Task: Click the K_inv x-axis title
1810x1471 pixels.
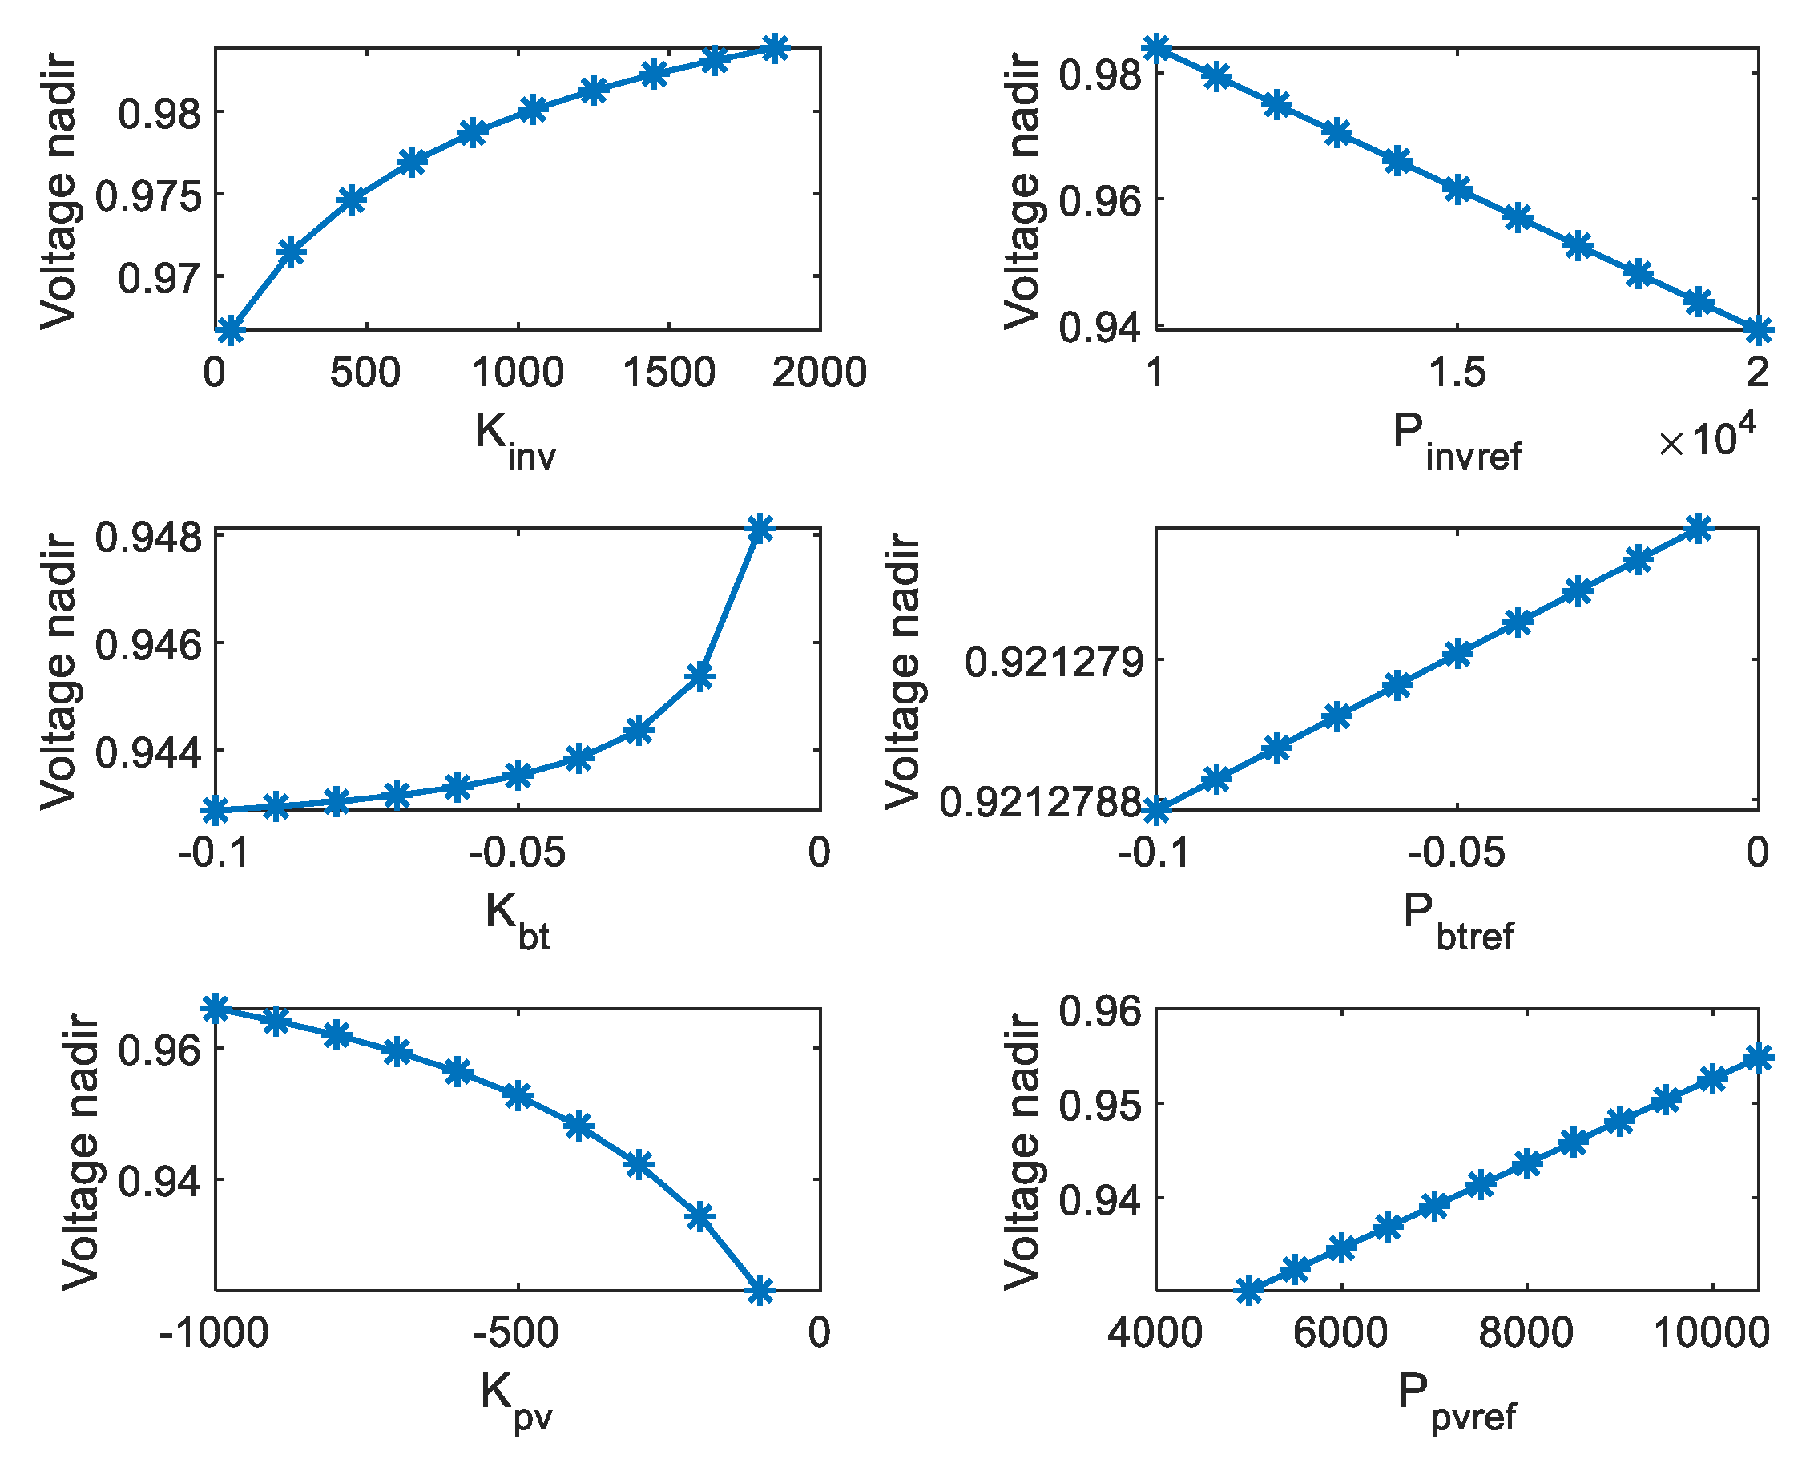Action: tap(514, 438)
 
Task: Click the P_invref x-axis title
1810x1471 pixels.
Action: tap(1456, 440)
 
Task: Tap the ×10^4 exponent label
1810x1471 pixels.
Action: tap(1707, 438)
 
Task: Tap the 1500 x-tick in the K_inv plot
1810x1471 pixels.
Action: tap(669, 373)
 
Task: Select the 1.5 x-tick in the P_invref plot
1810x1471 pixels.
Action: tap(1457, 373)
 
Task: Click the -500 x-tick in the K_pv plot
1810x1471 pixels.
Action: tap(516, 1333)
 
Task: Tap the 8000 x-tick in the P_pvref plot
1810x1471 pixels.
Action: tap(1526, 1333)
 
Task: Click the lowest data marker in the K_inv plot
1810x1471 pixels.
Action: tap(231, 329)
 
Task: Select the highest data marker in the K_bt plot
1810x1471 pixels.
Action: tap(760, 529)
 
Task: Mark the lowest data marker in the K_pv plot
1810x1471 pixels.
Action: tap(760, 1291)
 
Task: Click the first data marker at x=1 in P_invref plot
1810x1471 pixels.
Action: tap(1157, 47)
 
